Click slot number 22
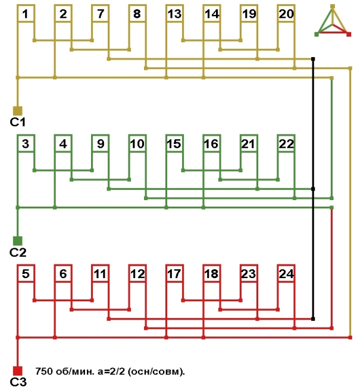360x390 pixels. click(286, 144)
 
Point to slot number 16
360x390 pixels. click(211, 144)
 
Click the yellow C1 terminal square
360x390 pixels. click(17, 110)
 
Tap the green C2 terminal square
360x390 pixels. click(17, 241)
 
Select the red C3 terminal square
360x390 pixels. click(17, 370)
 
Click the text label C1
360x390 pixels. click(17, 122)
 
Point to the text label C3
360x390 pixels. click(17, 382)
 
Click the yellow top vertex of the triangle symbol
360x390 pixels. click(333, 7)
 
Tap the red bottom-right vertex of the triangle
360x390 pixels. click(349, 34)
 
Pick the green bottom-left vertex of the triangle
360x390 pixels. click(317, 34)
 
